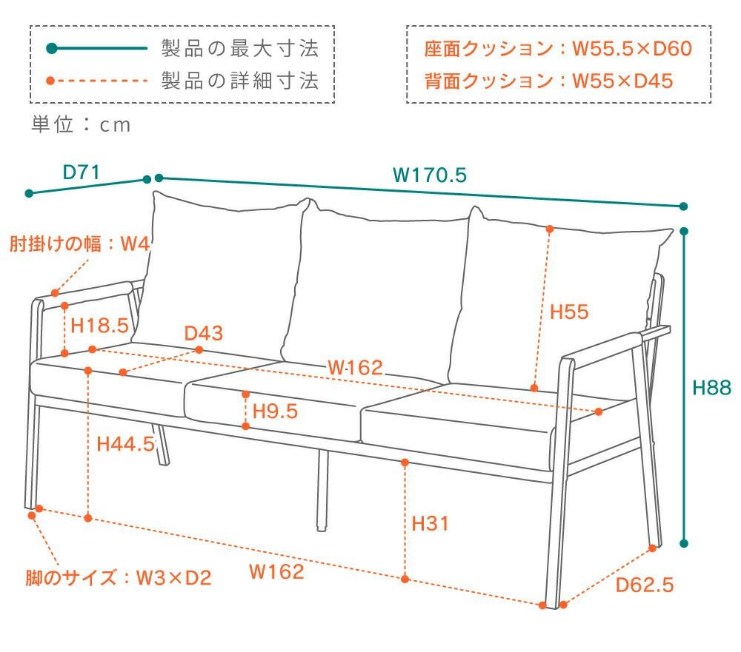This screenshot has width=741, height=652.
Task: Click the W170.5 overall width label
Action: (x=429, y=175)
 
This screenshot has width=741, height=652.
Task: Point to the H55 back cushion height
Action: (x=569, y=312)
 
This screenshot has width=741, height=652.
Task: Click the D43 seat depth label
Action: (x=204, y=333)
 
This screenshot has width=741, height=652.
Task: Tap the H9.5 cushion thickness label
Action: (x=275, y=411)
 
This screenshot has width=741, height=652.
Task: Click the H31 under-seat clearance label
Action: (x=430, y=523)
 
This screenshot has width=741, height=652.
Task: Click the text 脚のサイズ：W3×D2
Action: (x=118, y=577)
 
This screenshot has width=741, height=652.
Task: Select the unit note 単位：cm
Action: (x=81, y=125)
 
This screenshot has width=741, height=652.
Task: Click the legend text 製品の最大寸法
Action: (x=240, y=49)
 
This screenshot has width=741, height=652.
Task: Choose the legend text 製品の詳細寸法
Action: (x=240, y=80)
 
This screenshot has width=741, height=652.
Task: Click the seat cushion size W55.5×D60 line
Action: (x=557, y=49)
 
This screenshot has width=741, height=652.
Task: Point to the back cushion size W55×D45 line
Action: (x=548, y=80)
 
